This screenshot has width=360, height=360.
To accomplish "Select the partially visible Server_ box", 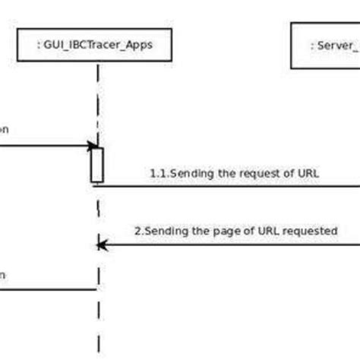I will pyautogui.click(x=325, y=47).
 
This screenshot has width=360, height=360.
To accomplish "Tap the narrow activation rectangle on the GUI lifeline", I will pyautogui.click(x=97, y=164).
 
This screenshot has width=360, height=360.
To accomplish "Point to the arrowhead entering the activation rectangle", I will pyautogui.click(x=93, y=146).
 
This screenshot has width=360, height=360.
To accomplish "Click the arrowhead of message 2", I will pyautogui.click(x=102, y=245).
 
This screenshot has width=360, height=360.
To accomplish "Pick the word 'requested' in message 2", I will pyautogui.click(x=311, y=230).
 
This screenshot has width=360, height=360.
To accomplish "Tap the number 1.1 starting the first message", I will pyautogui.click(x=158, y=173).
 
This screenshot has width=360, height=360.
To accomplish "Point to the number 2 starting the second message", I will pyautogui.click(x=137, y=230).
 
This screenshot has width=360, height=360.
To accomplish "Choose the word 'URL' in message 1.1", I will pyautogui.click(x=308, y=173).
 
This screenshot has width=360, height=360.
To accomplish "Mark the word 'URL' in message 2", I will pyautogui.click(x=273, y=230).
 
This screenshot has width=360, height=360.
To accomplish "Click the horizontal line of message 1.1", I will pyautogui.click(x=228, y=185).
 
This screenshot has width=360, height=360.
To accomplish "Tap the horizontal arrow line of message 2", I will pyautogui.click(x=228, y=245).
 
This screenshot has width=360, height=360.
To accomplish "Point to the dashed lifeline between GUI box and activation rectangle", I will pyautogui.click(x=97, y=106).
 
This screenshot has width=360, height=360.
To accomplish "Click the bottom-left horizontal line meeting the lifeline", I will pyautogui.click(x=46, y=289).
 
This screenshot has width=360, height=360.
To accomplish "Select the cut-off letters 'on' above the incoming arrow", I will pyautogui.click(x=4, y=130).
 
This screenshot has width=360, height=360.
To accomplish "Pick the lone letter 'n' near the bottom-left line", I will pyautogui.click(x=2, y=275).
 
